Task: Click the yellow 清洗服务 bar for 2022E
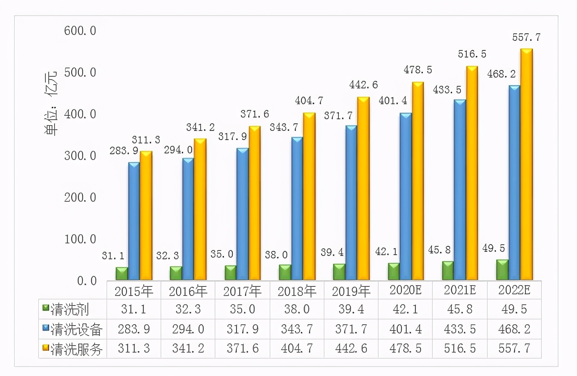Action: coord(527,165)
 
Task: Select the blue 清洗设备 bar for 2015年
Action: coord(134,221)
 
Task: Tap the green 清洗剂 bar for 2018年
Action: coord(285,272)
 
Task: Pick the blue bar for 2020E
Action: coord(405,196)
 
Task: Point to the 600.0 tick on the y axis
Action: coord(80,31)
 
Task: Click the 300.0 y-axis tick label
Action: coord(80,156)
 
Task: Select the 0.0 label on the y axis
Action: coord(86,281)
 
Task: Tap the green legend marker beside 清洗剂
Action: coord(46,308)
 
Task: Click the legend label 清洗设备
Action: coord(76,330)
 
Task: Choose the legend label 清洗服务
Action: coord(76,349)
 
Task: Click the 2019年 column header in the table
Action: coord(351,291)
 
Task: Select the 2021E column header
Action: coord(460,290)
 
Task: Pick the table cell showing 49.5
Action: coord(514,309)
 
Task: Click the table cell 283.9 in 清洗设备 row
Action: coord(134,329)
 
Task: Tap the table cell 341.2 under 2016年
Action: coord(188,348)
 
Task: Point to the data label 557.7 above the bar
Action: coord(526,38)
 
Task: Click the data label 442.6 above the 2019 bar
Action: coord(363,85)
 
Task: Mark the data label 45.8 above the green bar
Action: coord(439,250)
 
